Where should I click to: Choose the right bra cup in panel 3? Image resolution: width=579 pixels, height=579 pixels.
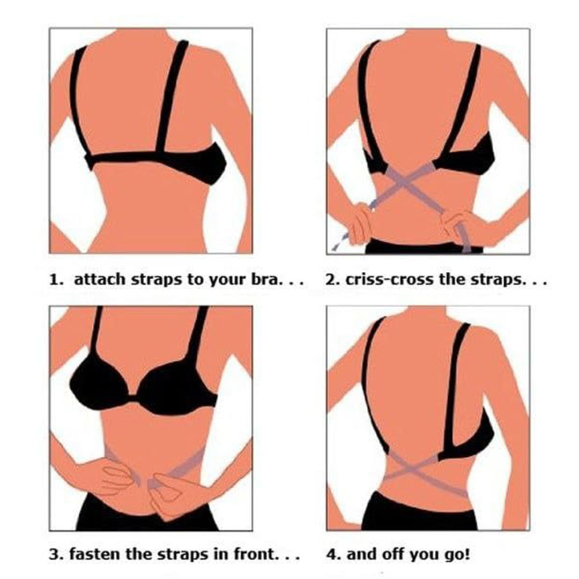tap(177, 387)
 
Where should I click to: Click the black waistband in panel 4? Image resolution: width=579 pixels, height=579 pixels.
tap(419, 511)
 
